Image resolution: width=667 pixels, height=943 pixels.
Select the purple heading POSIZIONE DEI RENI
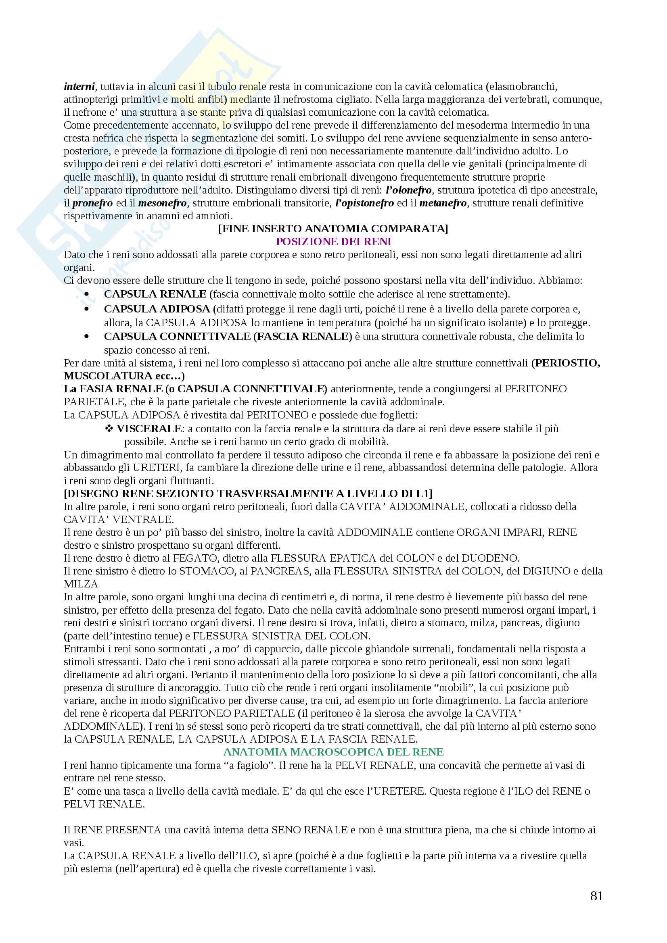coord(333,241)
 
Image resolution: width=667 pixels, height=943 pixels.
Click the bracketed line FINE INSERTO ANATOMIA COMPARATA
coord(333,229)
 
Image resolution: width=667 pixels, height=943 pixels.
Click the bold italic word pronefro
coord(92,203)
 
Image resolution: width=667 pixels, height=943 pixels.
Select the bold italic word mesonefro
coord(162,203)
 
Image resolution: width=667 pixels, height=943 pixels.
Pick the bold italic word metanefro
coord(443,203)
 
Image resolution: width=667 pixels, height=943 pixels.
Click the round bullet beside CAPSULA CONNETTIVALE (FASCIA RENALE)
coord(86,336)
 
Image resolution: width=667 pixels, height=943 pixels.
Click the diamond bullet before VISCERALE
coord(109,429)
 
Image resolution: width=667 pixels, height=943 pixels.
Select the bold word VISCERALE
coord(149,429)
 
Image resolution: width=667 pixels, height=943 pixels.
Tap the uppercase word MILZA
coord(81,584)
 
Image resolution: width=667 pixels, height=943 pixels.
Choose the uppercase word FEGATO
coord(195,558)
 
